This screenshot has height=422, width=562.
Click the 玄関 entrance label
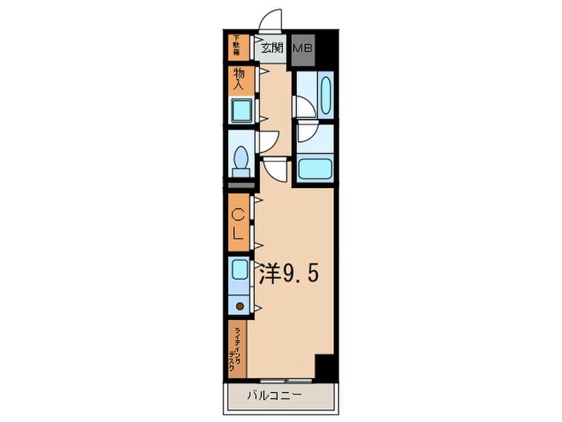click(272, 47)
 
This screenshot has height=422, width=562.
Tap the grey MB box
click(303, 47)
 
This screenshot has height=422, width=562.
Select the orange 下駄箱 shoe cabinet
click(238, 47)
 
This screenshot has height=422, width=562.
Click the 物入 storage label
click(240, 78)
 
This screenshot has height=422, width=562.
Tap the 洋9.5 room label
click(288, 275)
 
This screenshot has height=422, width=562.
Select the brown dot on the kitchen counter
click(239, 305)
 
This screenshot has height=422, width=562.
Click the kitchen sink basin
click(240, 270)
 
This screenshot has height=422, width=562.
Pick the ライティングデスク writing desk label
click(238, 349)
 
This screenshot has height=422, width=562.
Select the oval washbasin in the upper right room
click(324, 95)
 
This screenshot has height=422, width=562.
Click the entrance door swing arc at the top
click(271, 21)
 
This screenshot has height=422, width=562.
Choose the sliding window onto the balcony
click(282, 378)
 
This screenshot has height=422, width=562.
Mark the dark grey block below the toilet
click(240, 184)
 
